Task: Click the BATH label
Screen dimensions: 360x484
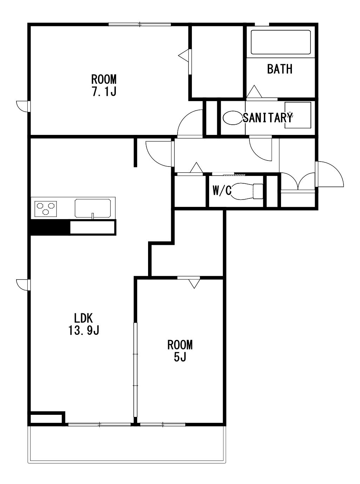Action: click(x=280, y=69)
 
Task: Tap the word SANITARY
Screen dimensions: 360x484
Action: click(x=268, y=118)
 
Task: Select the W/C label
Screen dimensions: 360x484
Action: click(x=222, y=190)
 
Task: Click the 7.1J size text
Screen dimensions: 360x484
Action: click(x=104, y=91)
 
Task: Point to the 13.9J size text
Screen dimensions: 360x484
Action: click(x=84, y=330)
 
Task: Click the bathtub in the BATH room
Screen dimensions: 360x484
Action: click(x=281, y=42)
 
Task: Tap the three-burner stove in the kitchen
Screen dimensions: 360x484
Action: click(x=46, y=209)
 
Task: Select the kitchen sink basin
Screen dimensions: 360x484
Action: click(x=93, y=208)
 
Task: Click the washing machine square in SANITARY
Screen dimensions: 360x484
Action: click(x=298, y=115)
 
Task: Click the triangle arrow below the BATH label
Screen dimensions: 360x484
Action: click(x=254, y=91)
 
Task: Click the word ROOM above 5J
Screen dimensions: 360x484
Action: click(x=180, y=345)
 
